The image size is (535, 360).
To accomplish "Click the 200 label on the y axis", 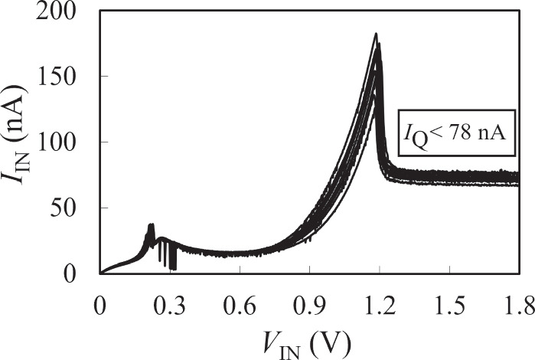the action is pos(55,12).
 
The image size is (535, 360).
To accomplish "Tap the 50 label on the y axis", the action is pos(63,208).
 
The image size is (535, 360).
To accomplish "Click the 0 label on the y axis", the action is pos(69,274).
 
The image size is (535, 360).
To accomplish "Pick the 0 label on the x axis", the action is pos(99,306).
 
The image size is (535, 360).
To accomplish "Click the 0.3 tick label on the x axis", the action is pos(169,306).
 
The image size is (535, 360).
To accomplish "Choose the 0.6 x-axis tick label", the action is pos(239,306).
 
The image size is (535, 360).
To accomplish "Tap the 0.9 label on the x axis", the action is pos(309,306).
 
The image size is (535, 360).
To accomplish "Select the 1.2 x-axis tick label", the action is pos(380,306).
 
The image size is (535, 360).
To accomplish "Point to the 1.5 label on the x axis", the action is pos(450,306).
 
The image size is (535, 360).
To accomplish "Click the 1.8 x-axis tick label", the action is pos(520,306).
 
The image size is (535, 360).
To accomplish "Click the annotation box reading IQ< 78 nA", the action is pos(456,133).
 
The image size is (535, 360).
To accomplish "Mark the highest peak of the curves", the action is pos(376,34).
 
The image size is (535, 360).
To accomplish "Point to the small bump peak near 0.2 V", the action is pos(151,224).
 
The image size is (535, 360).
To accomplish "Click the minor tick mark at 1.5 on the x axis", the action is pos(450,270).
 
